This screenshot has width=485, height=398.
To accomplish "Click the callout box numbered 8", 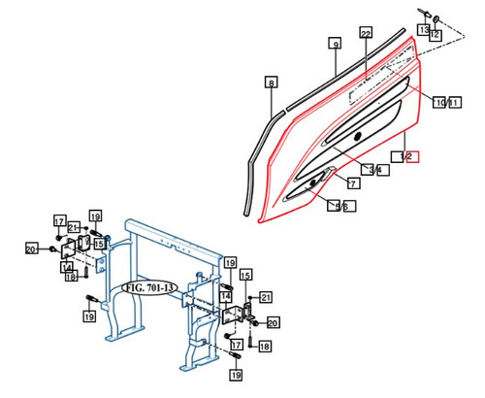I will (x=271, y=83).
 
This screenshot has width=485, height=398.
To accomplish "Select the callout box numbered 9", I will (x=334, y=45).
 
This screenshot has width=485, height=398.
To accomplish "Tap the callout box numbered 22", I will (x=365, y=33).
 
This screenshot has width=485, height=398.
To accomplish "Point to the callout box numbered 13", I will (x=423, y=30).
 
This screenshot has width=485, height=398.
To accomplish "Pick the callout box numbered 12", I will (x=435, y=35).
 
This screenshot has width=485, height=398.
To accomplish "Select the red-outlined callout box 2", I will (x=412, y=155).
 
